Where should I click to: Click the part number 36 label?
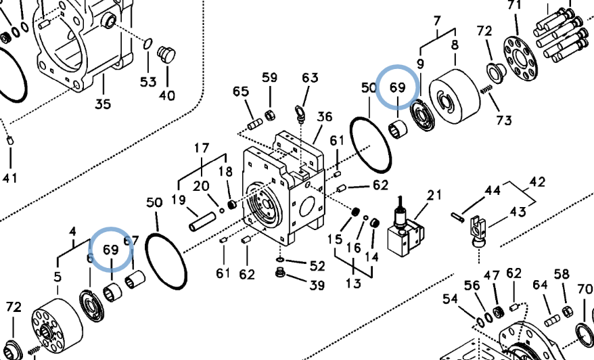pos(325,116)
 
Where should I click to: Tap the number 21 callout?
pos(434,195)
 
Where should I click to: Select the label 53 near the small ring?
pos(147,82)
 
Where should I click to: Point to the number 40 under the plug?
pos(167,95)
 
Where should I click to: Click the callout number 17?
pos(202,148)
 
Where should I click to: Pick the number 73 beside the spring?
pos(504,120)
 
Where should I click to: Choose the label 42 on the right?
pos(537,182)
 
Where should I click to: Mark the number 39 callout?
pos(317,285)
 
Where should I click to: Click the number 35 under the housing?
pos(102,104)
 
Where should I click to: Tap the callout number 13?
pos(353,283)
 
